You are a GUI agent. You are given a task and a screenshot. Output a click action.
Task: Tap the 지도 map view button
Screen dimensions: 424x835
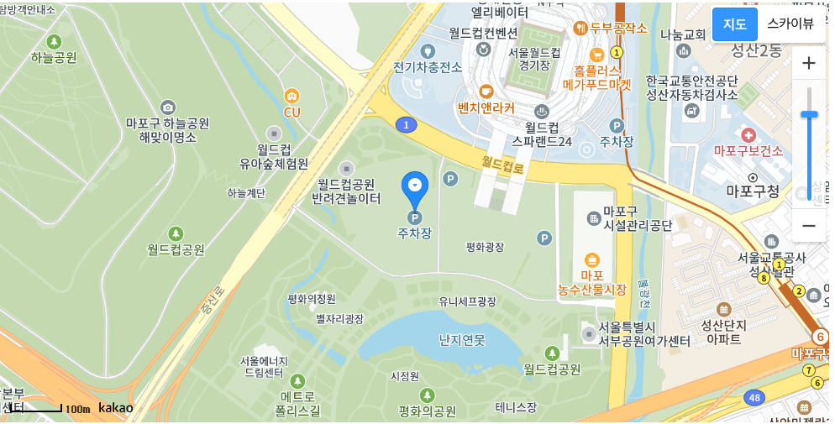click(734, 24)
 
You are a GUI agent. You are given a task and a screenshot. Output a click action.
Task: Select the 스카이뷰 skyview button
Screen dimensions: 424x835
click(790, 24)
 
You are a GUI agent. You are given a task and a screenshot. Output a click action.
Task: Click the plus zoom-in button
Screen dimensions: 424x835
click(809, 63)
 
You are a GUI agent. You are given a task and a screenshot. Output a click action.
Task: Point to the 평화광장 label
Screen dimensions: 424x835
click(485, 247)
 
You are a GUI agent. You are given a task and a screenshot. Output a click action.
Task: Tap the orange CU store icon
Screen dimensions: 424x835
click(291, 97)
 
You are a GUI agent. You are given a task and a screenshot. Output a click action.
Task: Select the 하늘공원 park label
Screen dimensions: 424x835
click(54, 57)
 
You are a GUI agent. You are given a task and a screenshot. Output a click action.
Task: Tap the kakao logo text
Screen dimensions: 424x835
click(116, 408)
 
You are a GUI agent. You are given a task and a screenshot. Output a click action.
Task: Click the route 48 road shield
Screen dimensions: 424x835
click(757, 397)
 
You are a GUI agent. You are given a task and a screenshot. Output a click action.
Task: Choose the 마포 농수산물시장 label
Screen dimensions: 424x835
click(592, 282)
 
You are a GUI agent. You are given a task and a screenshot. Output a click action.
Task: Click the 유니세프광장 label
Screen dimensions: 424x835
click(468, 301)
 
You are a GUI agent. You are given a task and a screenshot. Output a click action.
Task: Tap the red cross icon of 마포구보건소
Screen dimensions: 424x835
click(748, 134)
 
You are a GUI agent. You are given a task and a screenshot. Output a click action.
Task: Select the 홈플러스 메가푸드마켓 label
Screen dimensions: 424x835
click(596, 78)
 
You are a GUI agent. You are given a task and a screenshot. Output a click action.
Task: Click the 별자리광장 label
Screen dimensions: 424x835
click(339, 319)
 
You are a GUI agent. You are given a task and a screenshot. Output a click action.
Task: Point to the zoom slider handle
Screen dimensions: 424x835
click(809, 114)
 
